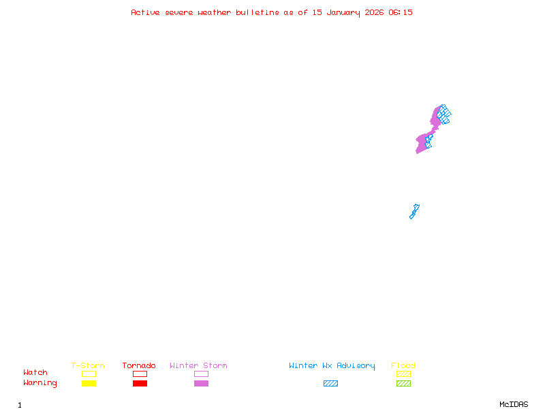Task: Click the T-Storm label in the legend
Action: [x=88, y=366]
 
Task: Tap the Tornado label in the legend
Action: [x=139, y=366]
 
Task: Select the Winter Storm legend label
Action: [x=198, y=366]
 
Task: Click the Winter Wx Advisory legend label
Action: [x=332, y=366]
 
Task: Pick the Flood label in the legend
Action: [x=403, y=366]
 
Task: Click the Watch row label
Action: [x=35, y=373]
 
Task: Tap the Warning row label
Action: [x=40, y=383]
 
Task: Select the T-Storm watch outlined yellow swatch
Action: [x=89, y=374]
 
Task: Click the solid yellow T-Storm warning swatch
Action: [x=89, y=383]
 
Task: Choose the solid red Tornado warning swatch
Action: [x=140, y=383]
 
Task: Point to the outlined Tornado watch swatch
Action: [x=140, y=374]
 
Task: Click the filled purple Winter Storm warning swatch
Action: [x=201, y=383]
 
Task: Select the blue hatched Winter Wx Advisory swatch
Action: [x=330, y=383]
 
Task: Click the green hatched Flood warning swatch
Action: [x=403, y=383]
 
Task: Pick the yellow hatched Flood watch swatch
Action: [x=403, y=374]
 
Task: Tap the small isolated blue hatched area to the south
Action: [x=414, y=211]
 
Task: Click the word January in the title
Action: [x=341, y=12]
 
